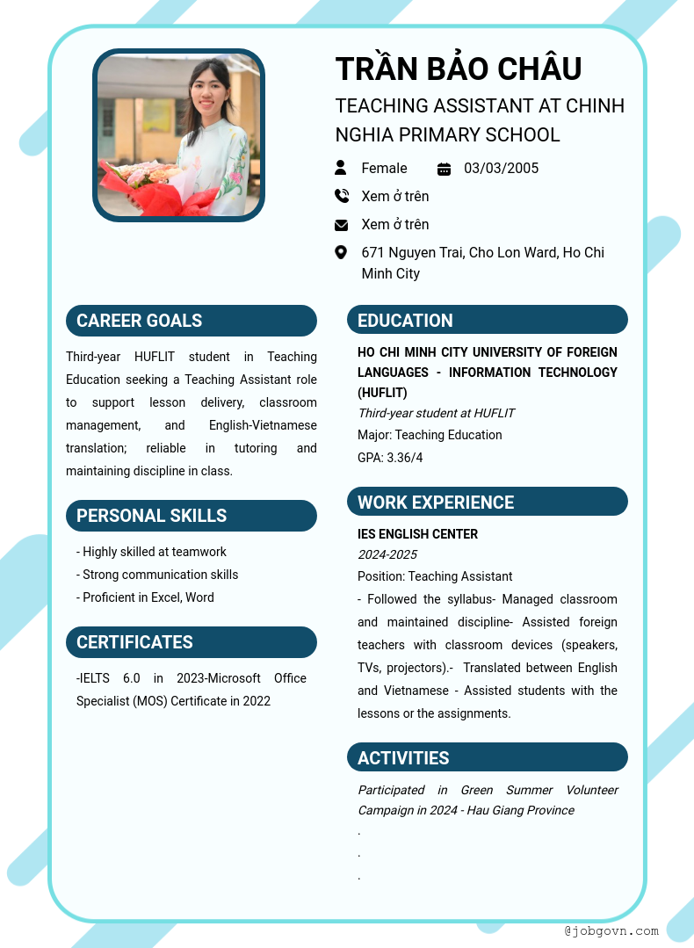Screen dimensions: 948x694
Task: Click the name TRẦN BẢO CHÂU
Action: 459,69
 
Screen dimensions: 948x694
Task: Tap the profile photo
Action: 178,134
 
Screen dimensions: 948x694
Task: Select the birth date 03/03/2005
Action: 501,168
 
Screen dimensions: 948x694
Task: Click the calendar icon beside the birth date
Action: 444,169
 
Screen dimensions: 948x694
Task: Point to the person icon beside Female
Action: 341,168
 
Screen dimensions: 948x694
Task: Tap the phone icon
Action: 341,196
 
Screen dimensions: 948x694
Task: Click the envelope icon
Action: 341,225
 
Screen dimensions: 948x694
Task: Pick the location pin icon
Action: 341,253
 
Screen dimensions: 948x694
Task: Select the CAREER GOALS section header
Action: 192,321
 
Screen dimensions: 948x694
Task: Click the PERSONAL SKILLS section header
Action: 192,516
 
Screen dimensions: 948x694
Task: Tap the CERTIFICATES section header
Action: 192,642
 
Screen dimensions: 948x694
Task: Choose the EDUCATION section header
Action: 488,321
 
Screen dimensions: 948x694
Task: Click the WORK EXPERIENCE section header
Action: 488,503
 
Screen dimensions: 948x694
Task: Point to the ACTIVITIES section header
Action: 488,758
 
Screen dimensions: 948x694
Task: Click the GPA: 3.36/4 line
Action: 390,458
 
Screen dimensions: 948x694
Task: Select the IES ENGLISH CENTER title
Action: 417,534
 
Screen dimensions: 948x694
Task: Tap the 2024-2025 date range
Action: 387,554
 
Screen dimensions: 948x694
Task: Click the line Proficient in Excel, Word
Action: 146,597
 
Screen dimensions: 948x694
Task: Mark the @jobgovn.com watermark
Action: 611,930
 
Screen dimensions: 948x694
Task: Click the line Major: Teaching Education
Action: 430,435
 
